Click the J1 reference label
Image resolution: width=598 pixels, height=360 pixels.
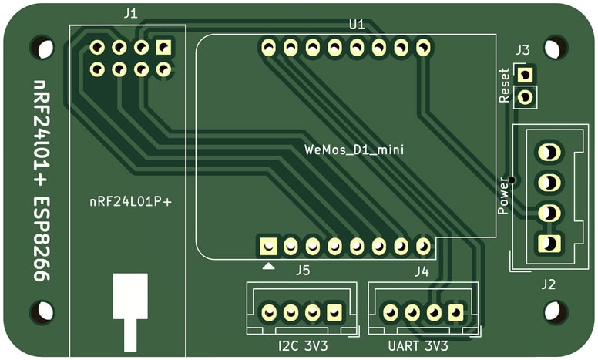coord(130,13)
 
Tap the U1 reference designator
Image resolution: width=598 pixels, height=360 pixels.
coord(356,25)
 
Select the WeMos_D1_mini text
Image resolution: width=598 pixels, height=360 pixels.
coord(354,150)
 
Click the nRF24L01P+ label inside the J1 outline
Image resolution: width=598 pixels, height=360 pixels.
coord(130,202)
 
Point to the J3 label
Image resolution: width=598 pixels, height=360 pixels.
coord(522,51)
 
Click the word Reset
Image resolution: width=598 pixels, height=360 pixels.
coord(505,85)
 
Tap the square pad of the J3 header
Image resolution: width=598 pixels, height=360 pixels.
coord(526,75)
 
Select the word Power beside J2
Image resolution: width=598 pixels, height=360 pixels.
coord(503,196)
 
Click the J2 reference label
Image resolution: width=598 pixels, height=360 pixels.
coord(548,284)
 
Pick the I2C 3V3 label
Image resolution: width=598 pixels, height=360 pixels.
coord(303,346)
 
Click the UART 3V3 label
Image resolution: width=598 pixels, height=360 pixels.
coord(418,346)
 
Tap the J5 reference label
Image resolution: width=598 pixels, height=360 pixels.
coord(302,271)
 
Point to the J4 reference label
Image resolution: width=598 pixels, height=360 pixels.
coord(422,271)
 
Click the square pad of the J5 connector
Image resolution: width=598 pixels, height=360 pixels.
coord(334,312)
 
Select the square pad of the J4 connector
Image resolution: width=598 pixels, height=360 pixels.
coord(456,312)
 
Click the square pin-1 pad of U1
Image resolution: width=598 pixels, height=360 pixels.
coord(268,246)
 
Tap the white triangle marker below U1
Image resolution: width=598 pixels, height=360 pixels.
coord(268,266)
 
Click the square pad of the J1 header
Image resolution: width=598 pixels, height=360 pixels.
coord(163,48)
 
